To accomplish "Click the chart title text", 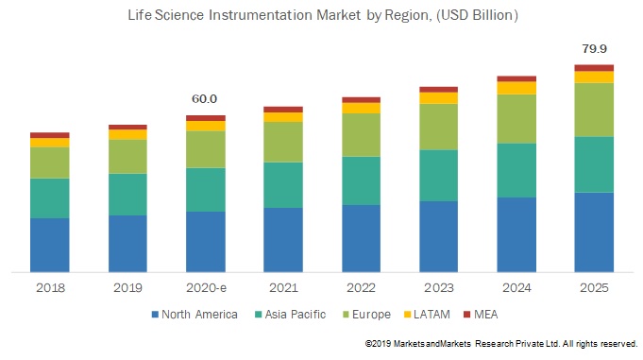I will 322,16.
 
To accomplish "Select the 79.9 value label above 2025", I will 594,49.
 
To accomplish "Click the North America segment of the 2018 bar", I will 49,245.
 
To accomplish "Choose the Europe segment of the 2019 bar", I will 127,156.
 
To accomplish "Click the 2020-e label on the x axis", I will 205,287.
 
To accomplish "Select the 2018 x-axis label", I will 49,287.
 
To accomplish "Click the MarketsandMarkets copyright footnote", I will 501,342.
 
